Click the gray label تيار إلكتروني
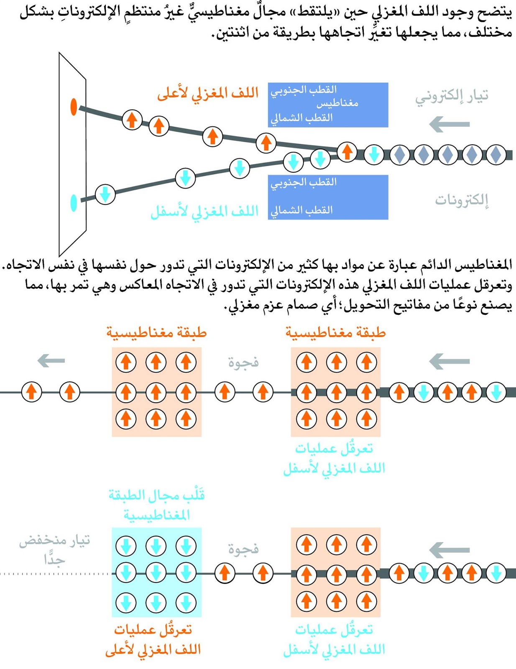(x=452, y=97)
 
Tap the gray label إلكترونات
(x=462, y=200)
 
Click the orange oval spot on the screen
(x=74, y=107)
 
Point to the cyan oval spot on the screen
(x=74, y=203)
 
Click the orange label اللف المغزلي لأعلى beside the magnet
(x=208, y=94)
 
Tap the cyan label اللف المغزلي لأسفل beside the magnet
(x=204, y=212)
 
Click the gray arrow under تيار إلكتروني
(x=450, y=124)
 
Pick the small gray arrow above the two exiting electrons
(x=51, y=360)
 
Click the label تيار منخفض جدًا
(x=55, y=550)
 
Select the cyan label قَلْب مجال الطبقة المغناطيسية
(x=156, y=505)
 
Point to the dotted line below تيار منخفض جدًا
(x=54, y=574)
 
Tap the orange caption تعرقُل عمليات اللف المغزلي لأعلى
(x=153, y=639)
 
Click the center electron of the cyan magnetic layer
(x=156, y=573)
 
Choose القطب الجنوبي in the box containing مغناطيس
(x=304, y=90)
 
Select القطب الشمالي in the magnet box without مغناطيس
(x=301, y=210)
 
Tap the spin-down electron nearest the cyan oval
(x=105, y=194)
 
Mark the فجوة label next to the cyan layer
(x=243, y=549)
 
